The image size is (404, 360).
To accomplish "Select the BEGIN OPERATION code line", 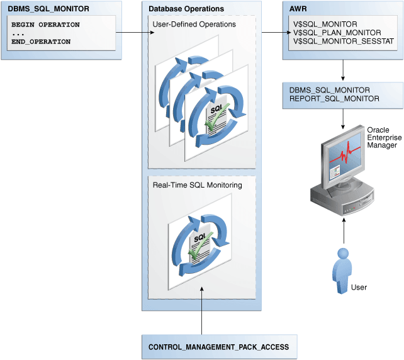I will (x=45, y=25).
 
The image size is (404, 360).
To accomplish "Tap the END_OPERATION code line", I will (x=41, y=42).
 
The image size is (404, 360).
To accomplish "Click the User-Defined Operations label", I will (x=194, y=25).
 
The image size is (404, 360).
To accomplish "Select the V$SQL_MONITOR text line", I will (x=321, y=24).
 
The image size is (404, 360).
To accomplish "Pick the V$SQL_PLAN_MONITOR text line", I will (x=328, y=32).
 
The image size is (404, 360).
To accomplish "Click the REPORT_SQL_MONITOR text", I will (x=334, y=99).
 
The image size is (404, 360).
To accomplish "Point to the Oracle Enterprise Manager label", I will (x=382, y=137).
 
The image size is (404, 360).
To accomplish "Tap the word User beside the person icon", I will (x=359, y=287).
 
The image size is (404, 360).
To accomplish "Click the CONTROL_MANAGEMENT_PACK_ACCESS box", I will (x=219, y=347).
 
